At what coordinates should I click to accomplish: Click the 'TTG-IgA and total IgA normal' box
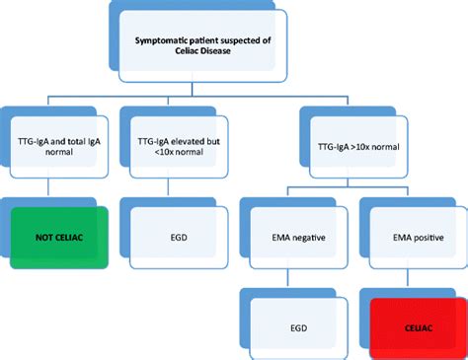60,148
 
